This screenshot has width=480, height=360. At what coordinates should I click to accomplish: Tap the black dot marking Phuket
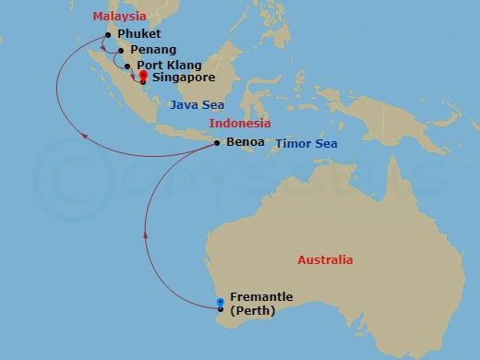[109, 35]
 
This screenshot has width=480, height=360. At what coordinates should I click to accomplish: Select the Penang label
[153, 50]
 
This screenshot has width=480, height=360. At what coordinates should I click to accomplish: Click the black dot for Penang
[121, 51]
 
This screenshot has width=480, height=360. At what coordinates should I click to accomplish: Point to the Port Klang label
[163, 66]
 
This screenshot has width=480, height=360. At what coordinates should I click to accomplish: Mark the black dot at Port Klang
[127, 66]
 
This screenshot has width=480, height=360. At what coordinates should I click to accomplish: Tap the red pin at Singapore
[143, 78]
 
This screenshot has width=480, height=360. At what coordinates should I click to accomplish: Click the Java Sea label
[197, 105]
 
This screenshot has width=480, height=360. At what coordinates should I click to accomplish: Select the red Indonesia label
[239, 124]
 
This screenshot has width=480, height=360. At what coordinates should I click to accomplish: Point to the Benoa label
[244, 143]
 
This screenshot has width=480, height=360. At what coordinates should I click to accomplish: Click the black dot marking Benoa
[217, 143]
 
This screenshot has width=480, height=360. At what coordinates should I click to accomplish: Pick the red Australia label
[325, 260]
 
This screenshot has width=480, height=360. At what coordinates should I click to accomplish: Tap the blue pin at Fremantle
[220, 303]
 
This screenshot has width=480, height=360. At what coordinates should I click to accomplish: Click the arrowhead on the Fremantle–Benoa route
[146, 236]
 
